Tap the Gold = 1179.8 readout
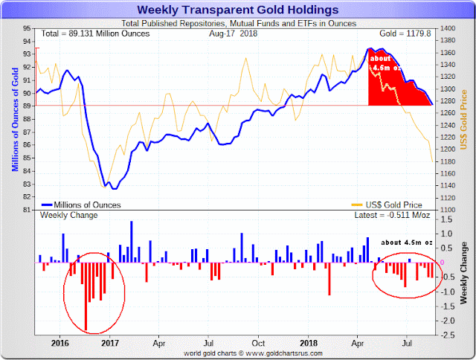(x=406, y=33)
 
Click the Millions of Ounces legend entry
(x=83, y=204)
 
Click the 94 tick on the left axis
(x=26, y=42)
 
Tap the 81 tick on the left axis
(x=26, y=210)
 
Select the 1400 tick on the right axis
(x=448, y=28)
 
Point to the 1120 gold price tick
(x=448, y=198)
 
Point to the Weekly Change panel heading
(x=64, y=215)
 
